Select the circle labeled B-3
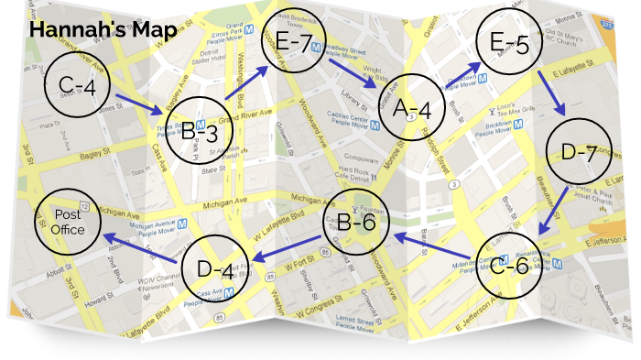pos(204,131)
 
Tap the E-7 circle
pos(294,43)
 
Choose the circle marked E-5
pos(508,43)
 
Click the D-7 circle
pos(578,152)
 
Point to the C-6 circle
pos(508,266)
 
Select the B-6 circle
pos(356,221)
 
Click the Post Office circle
pos(68,221)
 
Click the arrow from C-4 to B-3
pos(141,103)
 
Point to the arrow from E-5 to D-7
pos(549,93)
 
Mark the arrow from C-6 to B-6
pos(434,244)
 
